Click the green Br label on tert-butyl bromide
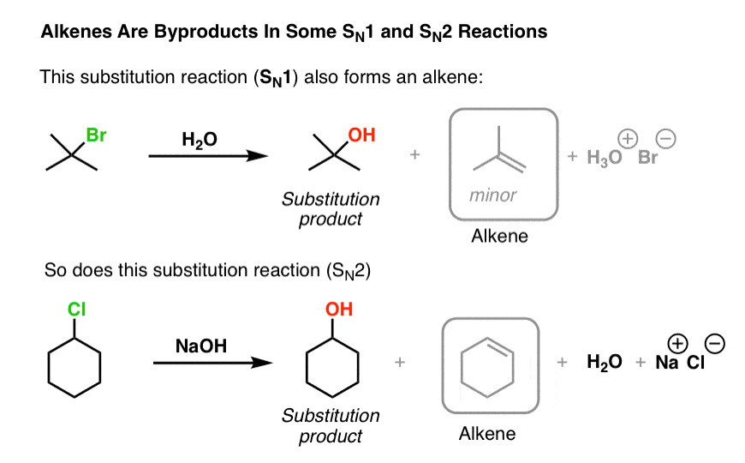(96, 135)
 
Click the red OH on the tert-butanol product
(361, 135)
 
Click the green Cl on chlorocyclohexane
(77, 310)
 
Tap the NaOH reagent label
(200, 346)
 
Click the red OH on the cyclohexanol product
(339, 310)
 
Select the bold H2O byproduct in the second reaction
(605, 363)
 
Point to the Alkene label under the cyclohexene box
(487, 433)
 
